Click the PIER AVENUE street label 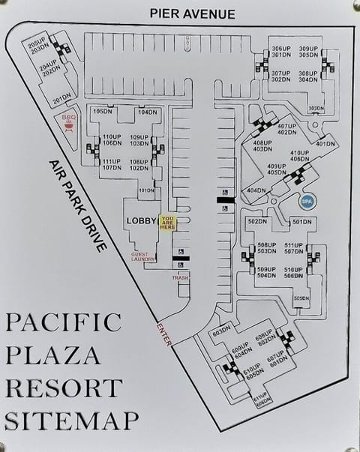point(192,13)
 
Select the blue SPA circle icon point(307,200)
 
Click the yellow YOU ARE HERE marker point(167,223)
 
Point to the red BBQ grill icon point(70,122)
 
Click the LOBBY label point(142,221)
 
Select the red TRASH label point(180,278)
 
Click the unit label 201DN point(61,97)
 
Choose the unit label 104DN point(147,112)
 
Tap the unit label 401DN point(325,144)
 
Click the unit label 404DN point(256,190)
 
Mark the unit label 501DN point(301,221)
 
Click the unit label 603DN point(221,332)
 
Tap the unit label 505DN point(301,298)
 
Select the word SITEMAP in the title point(71,420)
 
